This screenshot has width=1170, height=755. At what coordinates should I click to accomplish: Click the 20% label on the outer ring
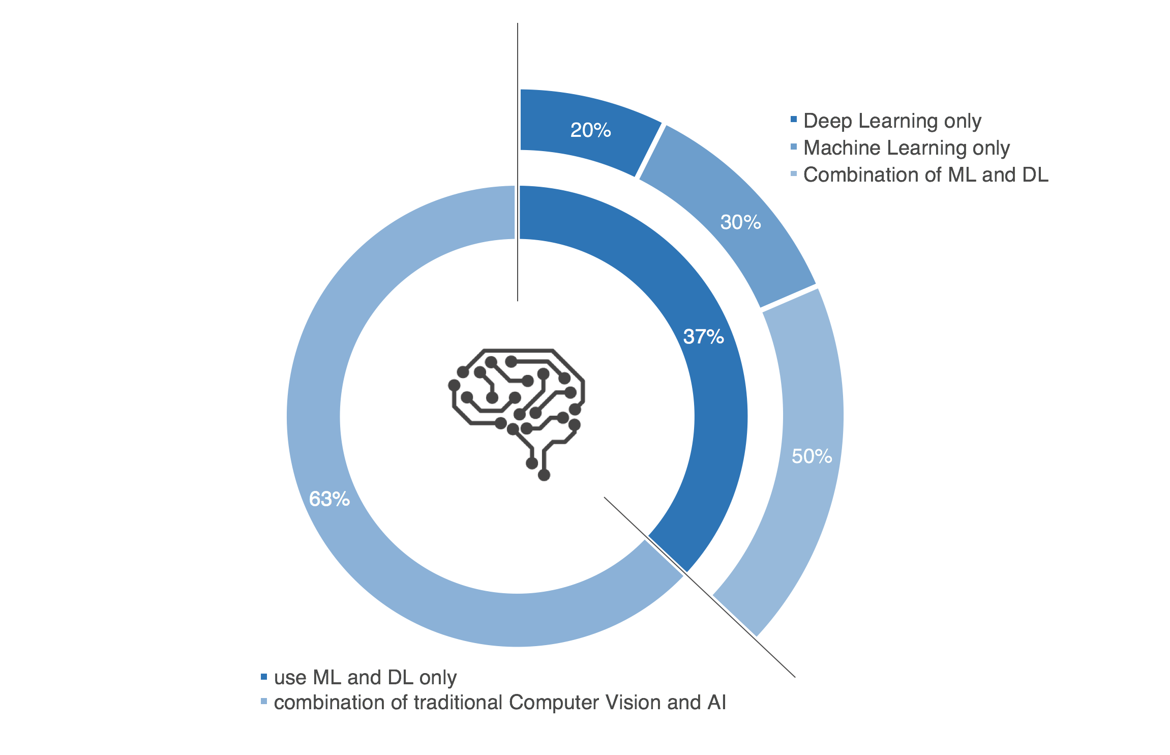click(590, 130)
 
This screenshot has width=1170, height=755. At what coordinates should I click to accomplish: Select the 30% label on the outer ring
click(740, 222)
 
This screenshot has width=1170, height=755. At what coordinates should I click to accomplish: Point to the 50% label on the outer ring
click(812, 456)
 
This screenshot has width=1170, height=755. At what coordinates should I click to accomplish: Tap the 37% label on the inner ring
click(703, 337)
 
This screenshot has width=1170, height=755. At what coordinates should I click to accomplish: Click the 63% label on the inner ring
click(329, 499)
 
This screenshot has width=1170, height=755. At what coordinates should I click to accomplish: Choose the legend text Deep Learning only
click(892, 121)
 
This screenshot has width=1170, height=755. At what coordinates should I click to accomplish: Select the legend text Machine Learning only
click(906, 148)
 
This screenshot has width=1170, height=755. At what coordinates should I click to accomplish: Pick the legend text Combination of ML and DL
click(925, 175)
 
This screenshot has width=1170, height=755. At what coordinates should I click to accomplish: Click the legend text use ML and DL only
click(365, 678)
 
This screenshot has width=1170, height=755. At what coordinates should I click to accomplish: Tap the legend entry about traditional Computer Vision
click(500, 703)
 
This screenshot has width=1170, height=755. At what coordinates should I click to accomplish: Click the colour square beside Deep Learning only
click(794, 120)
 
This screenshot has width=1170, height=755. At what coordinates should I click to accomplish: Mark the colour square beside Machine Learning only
click(794, 147)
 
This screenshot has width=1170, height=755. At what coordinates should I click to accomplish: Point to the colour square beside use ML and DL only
click(264, 677)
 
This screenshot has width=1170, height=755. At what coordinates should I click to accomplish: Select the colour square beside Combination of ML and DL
click(794, 174)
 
